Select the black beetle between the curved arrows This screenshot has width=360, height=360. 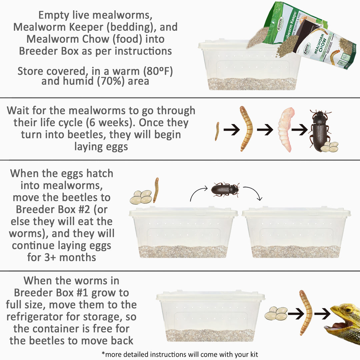[x=225, y=189]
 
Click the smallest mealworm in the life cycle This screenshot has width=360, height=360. [x=217, y=131]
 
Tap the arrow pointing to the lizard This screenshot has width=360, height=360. [x=322, y=313]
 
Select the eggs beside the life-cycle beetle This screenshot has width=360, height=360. [x=329, y=147]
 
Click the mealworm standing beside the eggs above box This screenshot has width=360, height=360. [x=156, y=190]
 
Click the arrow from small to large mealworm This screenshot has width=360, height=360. [x=231, y=130]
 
